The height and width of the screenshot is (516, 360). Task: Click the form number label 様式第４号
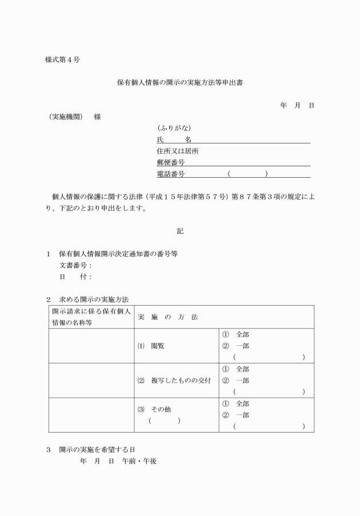pos(62,60)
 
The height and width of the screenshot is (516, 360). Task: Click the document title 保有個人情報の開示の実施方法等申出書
pos(181,82)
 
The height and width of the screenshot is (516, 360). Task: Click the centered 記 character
pos(180,231)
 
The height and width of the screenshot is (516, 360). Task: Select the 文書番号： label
pos(75,265)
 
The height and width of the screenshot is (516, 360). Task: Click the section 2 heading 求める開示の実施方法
pos(94,299)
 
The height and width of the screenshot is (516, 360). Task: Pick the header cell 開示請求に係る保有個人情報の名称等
pos(91,317)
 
